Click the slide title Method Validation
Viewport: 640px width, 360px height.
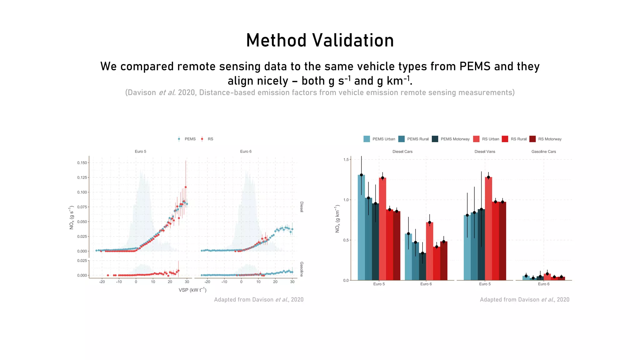(320, 41)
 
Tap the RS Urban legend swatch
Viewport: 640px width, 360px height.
(476, 139)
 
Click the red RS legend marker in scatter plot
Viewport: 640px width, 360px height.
(202, 139)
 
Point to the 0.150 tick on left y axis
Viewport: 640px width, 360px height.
(82, 163)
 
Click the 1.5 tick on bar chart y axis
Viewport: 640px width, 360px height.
(346, 160)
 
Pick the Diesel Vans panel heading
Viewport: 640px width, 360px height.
(485, 152)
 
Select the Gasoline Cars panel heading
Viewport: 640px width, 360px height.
(543, 152)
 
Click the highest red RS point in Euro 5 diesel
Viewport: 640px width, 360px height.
(186, 187)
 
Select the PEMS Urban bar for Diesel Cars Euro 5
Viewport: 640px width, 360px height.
(361, 228)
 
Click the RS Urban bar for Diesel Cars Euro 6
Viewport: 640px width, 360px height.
(429, 252)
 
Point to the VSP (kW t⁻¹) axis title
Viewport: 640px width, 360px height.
(192, 290)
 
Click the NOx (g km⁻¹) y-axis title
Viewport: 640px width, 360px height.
(337, 219)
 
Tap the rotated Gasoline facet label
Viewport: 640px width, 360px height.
(302, 269)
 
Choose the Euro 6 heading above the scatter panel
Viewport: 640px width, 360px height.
(246, 152)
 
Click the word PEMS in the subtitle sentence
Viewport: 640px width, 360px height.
(475, 67)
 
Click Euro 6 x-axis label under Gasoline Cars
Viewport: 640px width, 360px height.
(543, 284)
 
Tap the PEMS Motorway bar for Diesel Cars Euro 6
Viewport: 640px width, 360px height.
(422, 267)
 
